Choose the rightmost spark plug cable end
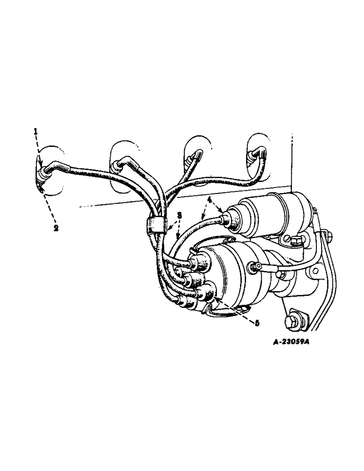[x=257, y=154]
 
